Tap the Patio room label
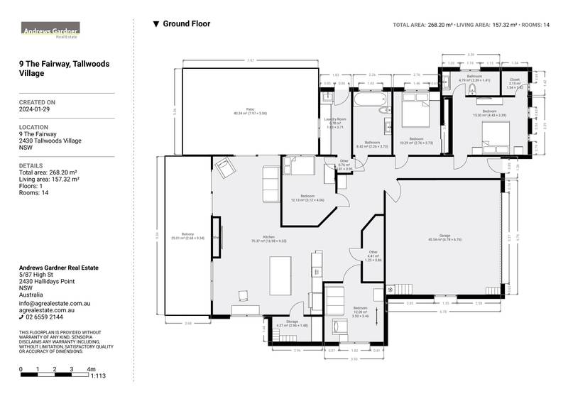245,111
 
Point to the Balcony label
187,236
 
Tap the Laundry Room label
335,121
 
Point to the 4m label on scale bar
91,369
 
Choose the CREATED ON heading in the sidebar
37,102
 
